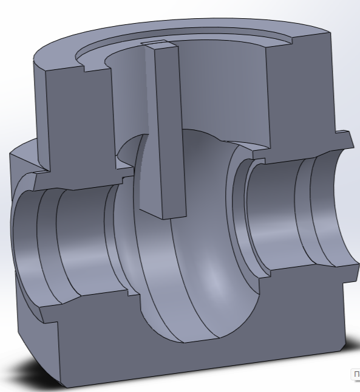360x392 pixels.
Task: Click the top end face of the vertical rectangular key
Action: (157, 44)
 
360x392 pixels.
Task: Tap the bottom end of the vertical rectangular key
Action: (163, 213)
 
